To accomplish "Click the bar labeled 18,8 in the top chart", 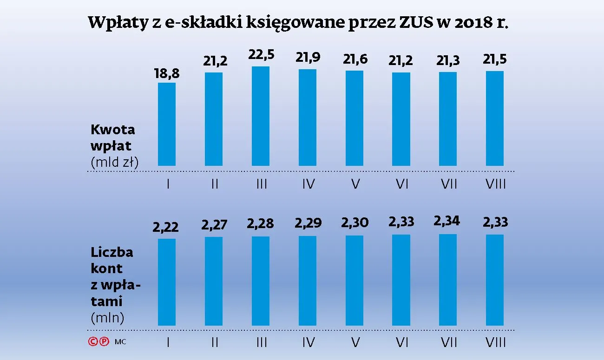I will pos(167,124).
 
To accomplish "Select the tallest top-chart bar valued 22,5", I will pos(261,116).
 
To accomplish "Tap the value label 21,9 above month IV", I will pos(308,58).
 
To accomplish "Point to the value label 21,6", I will pos(355,59).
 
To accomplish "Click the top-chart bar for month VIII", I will pos(495,118).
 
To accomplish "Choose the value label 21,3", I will pos(448,61).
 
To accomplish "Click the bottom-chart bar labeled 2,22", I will pos(167,282).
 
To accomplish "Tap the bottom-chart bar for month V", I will pos(355,280).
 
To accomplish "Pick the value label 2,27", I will pos(214,225).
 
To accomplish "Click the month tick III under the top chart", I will pos(261,184).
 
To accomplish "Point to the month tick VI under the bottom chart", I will pos(401,343).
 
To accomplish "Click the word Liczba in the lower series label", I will pos(112,252).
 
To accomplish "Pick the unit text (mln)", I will pos(107,318).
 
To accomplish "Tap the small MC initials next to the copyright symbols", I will pos(120,342).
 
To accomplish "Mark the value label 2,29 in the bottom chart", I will pos(308,223).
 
